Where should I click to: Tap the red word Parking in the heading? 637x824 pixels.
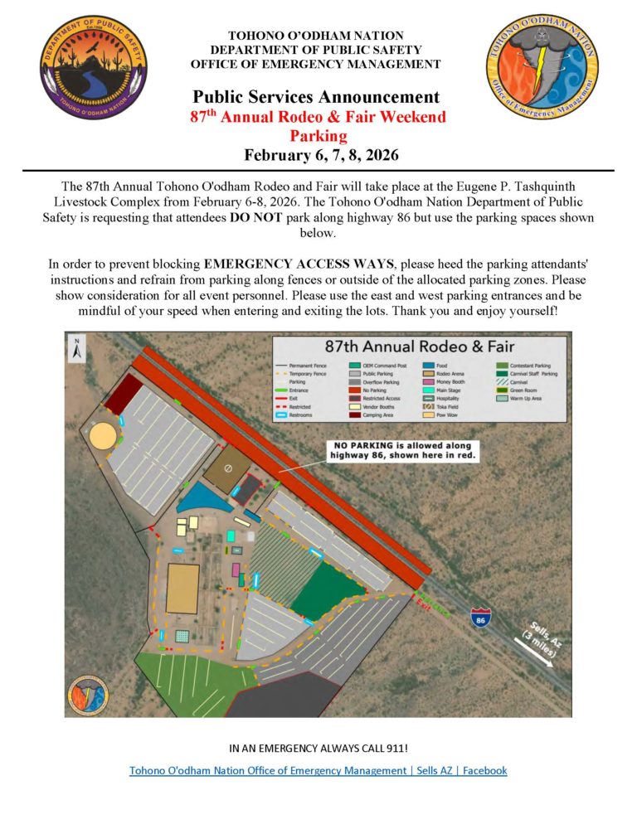[318, 135]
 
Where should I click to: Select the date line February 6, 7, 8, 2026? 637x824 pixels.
[318, 154]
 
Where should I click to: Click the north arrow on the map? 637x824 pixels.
[76, 348]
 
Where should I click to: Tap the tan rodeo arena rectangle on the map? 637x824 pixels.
[182, 587]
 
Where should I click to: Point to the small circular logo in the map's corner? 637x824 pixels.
[88, 695]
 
